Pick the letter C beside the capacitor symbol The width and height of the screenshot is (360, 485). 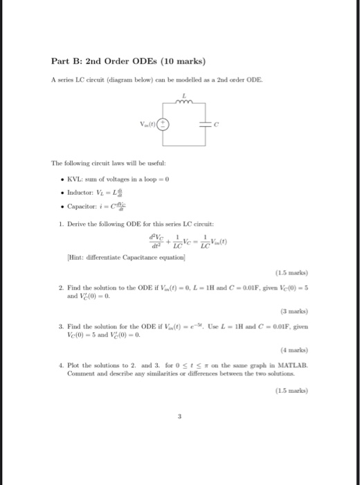tap(217, 125)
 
